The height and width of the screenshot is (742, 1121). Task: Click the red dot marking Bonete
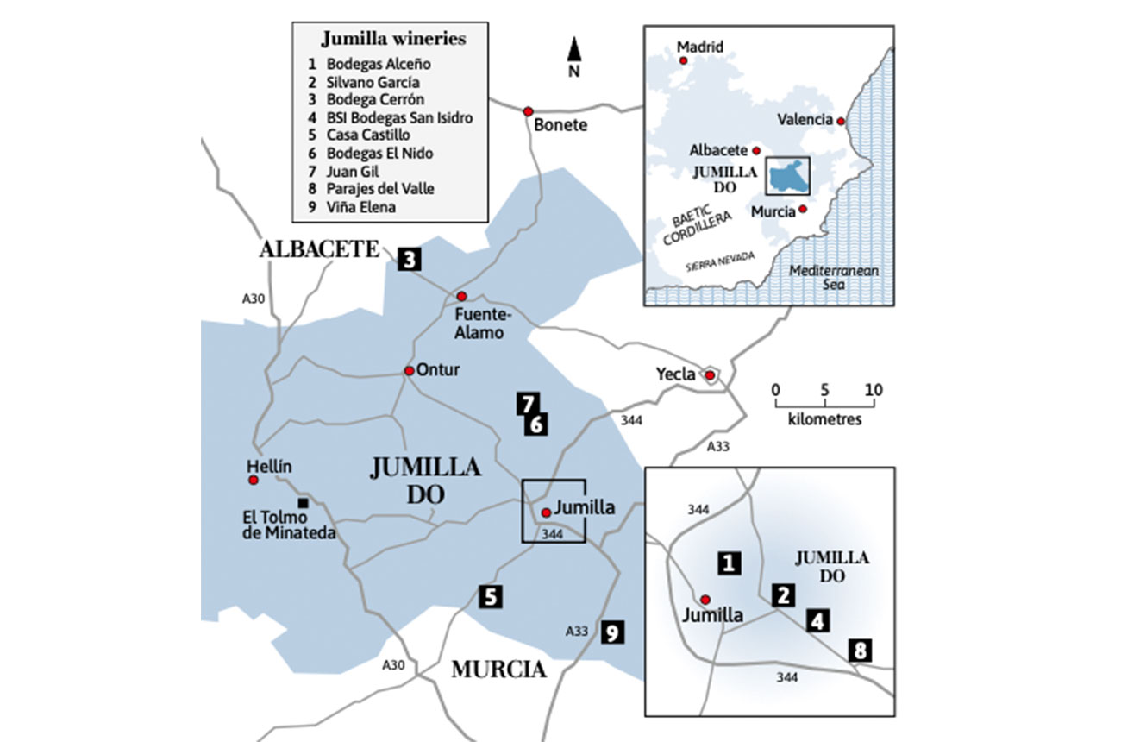click(528, 111)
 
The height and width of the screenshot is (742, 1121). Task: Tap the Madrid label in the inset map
click(700, 47)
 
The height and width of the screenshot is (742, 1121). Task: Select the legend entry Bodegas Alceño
click(379, 64)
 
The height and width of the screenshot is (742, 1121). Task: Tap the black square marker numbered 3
click(410, 258)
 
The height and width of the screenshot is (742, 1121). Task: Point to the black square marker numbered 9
click(611, 632)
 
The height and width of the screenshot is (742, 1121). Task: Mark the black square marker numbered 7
click(528, 402)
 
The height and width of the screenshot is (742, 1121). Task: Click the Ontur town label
click(438, 370)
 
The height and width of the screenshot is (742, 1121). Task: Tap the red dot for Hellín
click(254, 480)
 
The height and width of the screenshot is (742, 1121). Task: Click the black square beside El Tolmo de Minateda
click(302, 502)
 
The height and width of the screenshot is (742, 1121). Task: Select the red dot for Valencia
click(841, 121)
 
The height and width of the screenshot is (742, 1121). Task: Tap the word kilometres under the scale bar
click(824, 419)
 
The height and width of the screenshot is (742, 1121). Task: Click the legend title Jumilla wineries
click(393, 39)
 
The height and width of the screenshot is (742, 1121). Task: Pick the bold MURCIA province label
click(499, 670)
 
